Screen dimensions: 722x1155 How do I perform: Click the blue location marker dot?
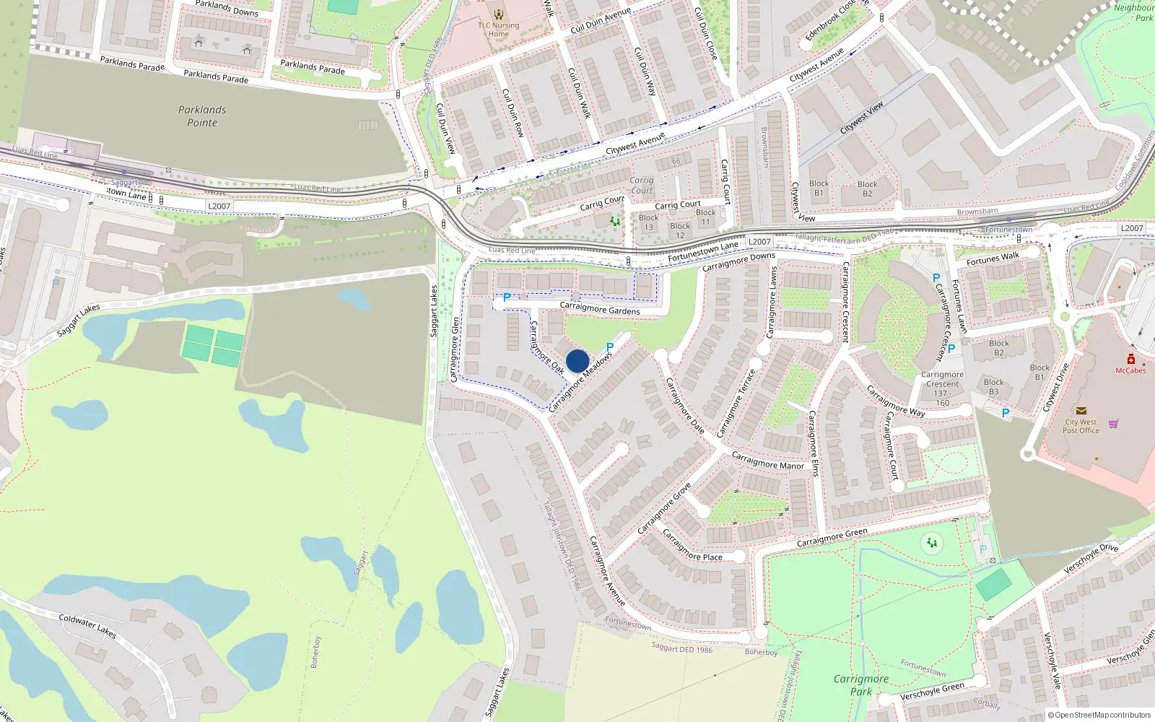[x=577, y=361]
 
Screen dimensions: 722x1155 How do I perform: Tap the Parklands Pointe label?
[x=202, y=116]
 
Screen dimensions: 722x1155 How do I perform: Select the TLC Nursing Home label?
[x=498, y=29]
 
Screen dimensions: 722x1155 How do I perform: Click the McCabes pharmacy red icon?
[x=1130, y=359]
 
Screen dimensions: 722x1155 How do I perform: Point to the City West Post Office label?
[x=1081, y=426]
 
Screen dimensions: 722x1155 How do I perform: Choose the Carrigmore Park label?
[x=860, y=685]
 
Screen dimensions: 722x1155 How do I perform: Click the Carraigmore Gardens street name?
[x=600, y=309]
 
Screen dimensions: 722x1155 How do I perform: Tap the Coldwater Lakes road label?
[x=87, y=625]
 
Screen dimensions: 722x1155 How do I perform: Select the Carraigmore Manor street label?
[x=767, y=461]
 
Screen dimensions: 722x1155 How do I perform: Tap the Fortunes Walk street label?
[x=993, y=258]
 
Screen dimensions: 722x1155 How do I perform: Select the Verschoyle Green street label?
[x=932, y=692]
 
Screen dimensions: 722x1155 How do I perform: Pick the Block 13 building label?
[x=648, y=222]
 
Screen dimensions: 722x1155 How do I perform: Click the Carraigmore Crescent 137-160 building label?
[x=943, y=388]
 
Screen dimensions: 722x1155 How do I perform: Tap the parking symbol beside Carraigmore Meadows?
[x=610, y=347]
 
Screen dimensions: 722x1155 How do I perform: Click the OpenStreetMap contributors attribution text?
[x=1102, y=716]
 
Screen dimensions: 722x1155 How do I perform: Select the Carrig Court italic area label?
[x=641, y=186]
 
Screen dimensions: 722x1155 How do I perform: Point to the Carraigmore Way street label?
[x=895, y=401]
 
